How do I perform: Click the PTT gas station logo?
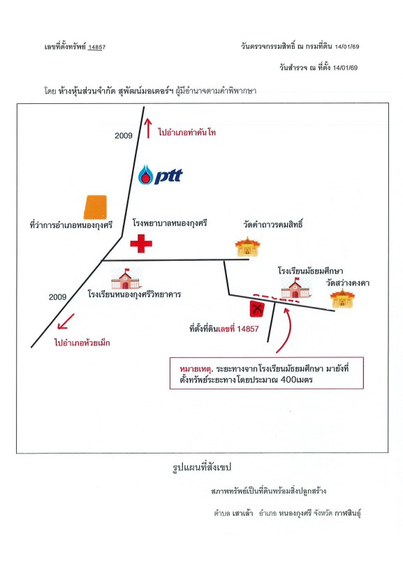pos(160,174)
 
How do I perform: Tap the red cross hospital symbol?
pos(141,244)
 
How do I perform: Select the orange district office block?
pos(95,207)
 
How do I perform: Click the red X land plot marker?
pos(257,308)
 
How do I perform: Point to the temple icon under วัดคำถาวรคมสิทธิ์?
pos(247,246)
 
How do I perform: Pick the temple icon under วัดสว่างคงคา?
pos(342,299)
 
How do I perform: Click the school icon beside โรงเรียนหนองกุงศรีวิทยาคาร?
pos(125,278)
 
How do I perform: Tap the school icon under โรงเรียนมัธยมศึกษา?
pos(295,288)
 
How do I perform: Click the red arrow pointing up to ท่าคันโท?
pos(148,128)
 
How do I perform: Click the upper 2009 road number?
pos(124,135)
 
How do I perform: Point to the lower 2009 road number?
pos(58,297)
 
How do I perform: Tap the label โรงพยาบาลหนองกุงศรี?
pos(170,223)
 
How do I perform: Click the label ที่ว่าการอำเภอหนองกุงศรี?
pos(71,225)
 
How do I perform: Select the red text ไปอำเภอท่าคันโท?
pos(186,133)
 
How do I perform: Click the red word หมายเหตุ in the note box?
pos(196,368)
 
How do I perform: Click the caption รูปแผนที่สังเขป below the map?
pos(202,467)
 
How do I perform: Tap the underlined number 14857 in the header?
pos(96,47)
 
